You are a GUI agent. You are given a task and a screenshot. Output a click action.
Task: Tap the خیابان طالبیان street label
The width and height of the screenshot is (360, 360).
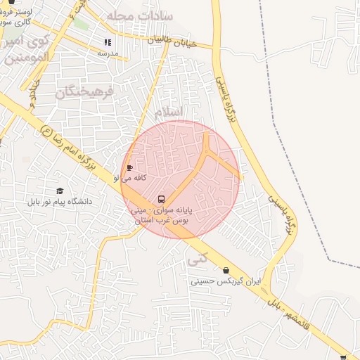click(x=169, y=42)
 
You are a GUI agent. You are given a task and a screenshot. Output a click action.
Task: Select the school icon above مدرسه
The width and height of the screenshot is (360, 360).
click(x=108, y=42)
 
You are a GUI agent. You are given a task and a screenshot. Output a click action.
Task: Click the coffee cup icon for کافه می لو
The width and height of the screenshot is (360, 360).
click(x=129, y=167)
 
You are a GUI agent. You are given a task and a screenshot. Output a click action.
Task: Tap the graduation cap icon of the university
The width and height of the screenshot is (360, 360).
click(x=60, y=191)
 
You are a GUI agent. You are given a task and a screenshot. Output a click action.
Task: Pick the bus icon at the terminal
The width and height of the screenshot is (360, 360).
click(x=162, y=199)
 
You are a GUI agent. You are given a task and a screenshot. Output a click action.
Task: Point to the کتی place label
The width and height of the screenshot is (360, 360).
click(x=198, y=258)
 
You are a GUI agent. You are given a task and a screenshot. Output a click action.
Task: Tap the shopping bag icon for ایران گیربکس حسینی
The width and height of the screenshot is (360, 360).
click(x=225, y=270)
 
